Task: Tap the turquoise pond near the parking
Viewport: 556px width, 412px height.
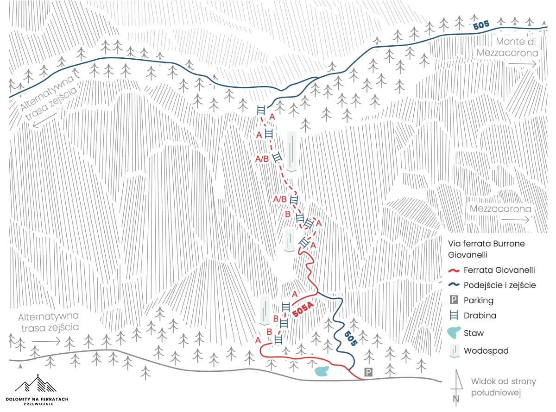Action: [x=322, y=371]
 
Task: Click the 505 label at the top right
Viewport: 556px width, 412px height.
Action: [x=481, y=25]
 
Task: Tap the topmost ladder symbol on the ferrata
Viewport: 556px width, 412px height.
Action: [x=261, y=110]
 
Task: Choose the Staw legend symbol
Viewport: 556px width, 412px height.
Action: [x=455, y=332]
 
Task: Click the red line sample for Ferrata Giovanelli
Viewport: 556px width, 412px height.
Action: [x=455, y=271]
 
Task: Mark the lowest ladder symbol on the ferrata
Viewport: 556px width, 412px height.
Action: [x=278, y=339]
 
